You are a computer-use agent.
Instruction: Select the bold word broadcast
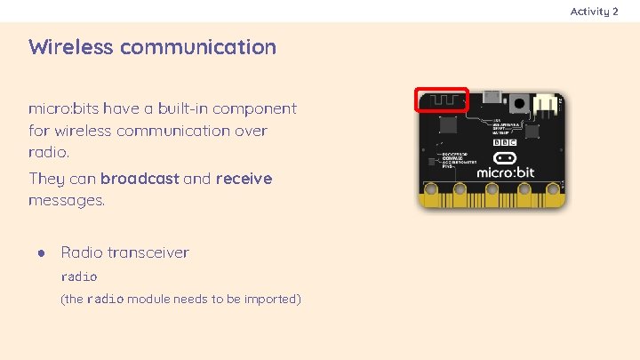click(x=140, y=179)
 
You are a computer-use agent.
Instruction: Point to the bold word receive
click(x=244, y=179)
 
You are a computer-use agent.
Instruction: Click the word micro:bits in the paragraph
click(x=63, y=109)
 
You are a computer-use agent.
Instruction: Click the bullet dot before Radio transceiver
click(x=41, y=252)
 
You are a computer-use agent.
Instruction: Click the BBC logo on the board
click(x=505, y=141)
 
